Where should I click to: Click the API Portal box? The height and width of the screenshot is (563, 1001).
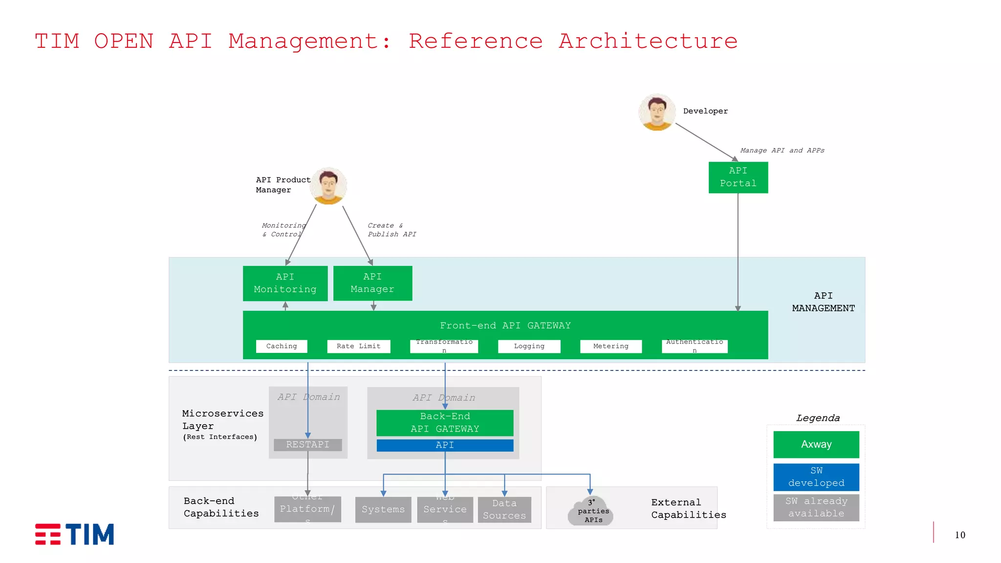click(738, 177)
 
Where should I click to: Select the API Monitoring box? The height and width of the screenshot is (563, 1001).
click(285, 283)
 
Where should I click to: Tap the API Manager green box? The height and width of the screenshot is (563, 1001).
click(372, 283)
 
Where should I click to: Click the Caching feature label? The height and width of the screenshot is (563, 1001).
click(282, 346)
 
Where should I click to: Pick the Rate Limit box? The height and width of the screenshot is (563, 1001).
click(358, 346)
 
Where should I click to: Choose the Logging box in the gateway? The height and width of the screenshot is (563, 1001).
click(529, 346)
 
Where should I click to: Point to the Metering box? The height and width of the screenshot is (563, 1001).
click(610, 346)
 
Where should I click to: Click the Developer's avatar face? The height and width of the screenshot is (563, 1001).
click(657, 112)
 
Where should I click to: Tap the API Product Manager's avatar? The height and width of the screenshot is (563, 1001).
click(328, 186)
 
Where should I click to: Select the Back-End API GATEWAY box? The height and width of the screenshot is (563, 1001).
click(445, 423)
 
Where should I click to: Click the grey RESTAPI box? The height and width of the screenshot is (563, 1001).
click(307, 445)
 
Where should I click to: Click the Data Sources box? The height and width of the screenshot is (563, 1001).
click(504, 509)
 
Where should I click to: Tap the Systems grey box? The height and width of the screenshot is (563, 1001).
click(383, 509)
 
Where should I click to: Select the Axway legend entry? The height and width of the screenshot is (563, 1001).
click(816, 444)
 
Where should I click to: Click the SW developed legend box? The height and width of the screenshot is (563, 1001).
click(816, 476)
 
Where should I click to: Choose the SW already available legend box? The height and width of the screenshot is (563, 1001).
click(816, 507)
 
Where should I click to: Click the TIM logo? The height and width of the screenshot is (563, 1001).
click(74, 534)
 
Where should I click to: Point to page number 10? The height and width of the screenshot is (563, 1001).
click(960, 535)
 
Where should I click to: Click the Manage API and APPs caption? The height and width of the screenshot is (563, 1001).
click(782, 151)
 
